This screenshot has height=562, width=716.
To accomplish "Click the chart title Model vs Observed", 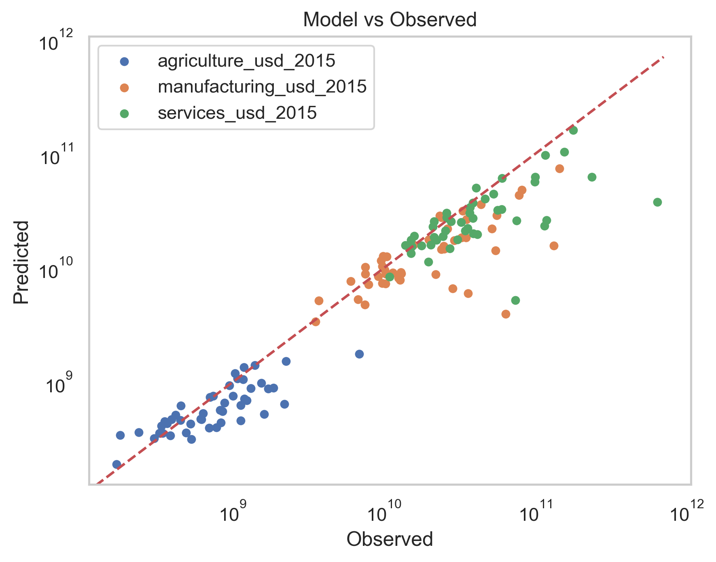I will [x=390, y=20].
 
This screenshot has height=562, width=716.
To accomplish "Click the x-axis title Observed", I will [x=390, y=539].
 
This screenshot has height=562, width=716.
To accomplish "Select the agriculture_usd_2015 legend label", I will [x=246, y=61].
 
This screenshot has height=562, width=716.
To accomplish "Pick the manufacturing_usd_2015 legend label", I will [x=262, y=87].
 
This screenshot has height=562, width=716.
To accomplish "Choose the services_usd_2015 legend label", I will [x=237, y=113].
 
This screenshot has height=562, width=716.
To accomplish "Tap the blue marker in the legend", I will [x=125, y=61].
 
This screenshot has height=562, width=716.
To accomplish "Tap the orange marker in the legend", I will [x=125, y=87].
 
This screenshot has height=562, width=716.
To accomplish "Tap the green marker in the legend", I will [x=125, y=114].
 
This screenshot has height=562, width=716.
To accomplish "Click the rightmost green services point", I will [x=657, y=202].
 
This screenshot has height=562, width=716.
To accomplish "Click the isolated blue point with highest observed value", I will [x=359, y=354].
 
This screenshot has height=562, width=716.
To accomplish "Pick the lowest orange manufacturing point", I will [x=506, y=314].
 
